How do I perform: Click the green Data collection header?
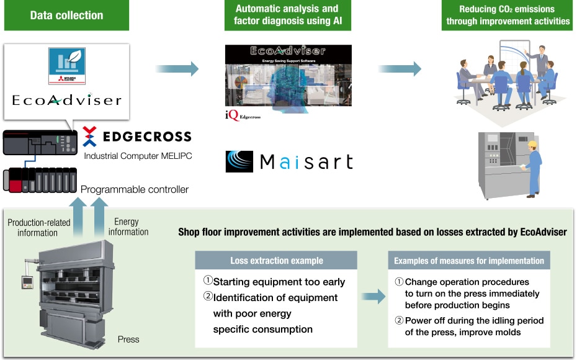point(66,16)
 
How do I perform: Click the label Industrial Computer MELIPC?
point(138,156)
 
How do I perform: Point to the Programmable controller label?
point(135,189)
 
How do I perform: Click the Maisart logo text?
point(290,163)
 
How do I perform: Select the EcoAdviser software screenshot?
point(288,75)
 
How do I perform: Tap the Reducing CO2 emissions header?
point(508,16)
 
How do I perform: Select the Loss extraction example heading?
point(276,261)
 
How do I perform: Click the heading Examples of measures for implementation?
point(469,261)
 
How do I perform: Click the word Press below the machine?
point(128,340)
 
